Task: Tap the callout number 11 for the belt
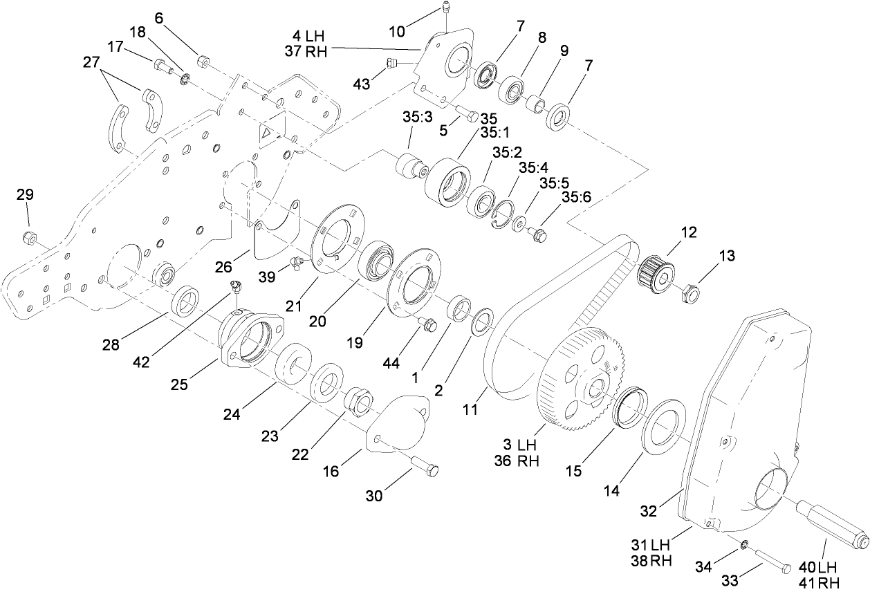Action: pyautogui.click(x=470, y=409)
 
